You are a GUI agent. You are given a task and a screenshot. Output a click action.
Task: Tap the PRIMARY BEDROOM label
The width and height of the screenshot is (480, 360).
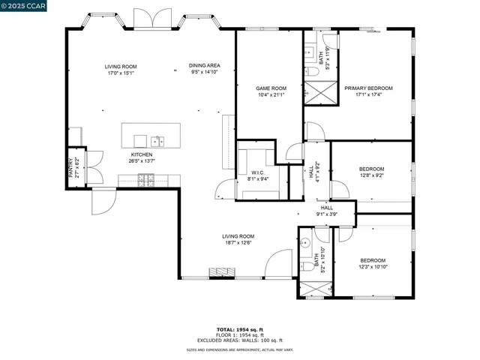[x=368, y=88]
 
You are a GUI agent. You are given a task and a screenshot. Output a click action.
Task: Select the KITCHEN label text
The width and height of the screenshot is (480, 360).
[x=142, y=154]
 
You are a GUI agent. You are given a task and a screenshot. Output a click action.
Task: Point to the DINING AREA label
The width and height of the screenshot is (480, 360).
[x=205, y=66]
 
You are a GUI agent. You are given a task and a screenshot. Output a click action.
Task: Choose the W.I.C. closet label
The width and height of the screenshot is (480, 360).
[x=258, y=172]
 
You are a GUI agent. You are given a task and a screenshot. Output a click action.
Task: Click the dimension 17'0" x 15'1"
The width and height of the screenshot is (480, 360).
[x=121, y=73]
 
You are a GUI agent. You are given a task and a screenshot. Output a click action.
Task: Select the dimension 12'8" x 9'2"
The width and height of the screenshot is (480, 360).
[x=371, y=175]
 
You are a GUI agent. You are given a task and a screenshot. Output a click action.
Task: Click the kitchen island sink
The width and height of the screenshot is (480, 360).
[x=157, y=139]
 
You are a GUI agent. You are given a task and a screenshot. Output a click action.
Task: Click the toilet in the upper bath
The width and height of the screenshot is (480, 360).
[x=310, y=72]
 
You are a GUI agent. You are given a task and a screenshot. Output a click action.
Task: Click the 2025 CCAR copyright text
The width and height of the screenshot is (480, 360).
[x=23, y=6]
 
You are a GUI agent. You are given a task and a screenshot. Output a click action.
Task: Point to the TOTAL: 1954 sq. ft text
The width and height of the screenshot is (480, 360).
[x=240, y=330]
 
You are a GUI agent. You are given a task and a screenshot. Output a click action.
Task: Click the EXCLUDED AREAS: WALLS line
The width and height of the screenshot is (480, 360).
[x=240, y=340]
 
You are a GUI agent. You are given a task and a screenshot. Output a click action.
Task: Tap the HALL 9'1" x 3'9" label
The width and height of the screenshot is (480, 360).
[x=327, y=211]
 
